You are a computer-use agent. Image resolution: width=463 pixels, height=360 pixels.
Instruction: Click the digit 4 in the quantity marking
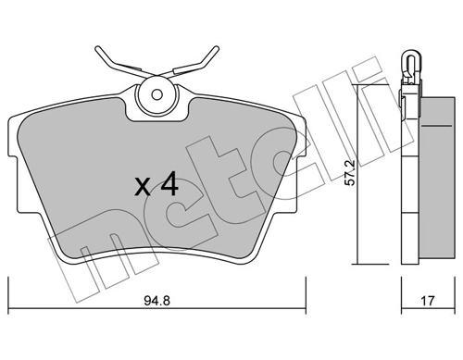[x=169, y=184]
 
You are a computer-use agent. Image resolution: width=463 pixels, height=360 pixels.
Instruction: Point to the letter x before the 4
[x=143, y=187]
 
